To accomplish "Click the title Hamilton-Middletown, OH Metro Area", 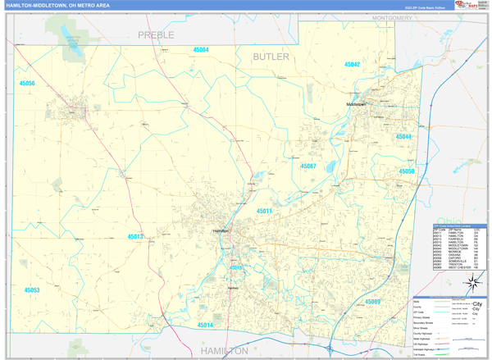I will [57, 5].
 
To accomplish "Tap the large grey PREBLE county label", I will [156, 34].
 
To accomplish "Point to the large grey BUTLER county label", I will [271, 57].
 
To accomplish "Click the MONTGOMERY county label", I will [391, 17].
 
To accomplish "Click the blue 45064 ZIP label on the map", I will [201, 50].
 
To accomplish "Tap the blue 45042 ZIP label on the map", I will [352, 64].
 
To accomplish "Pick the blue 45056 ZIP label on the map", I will [27, 84].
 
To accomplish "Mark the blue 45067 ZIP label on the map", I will [307, 166].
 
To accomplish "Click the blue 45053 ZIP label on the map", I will [31, 290].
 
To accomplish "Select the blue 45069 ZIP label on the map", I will [372, 302].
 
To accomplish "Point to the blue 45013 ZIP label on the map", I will [135, 237].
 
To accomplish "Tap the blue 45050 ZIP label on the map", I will [407, 171].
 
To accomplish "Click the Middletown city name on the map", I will [356, 105].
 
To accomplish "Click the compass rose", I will [473, 284].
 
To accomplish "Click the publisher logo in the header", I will [467, 6].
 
